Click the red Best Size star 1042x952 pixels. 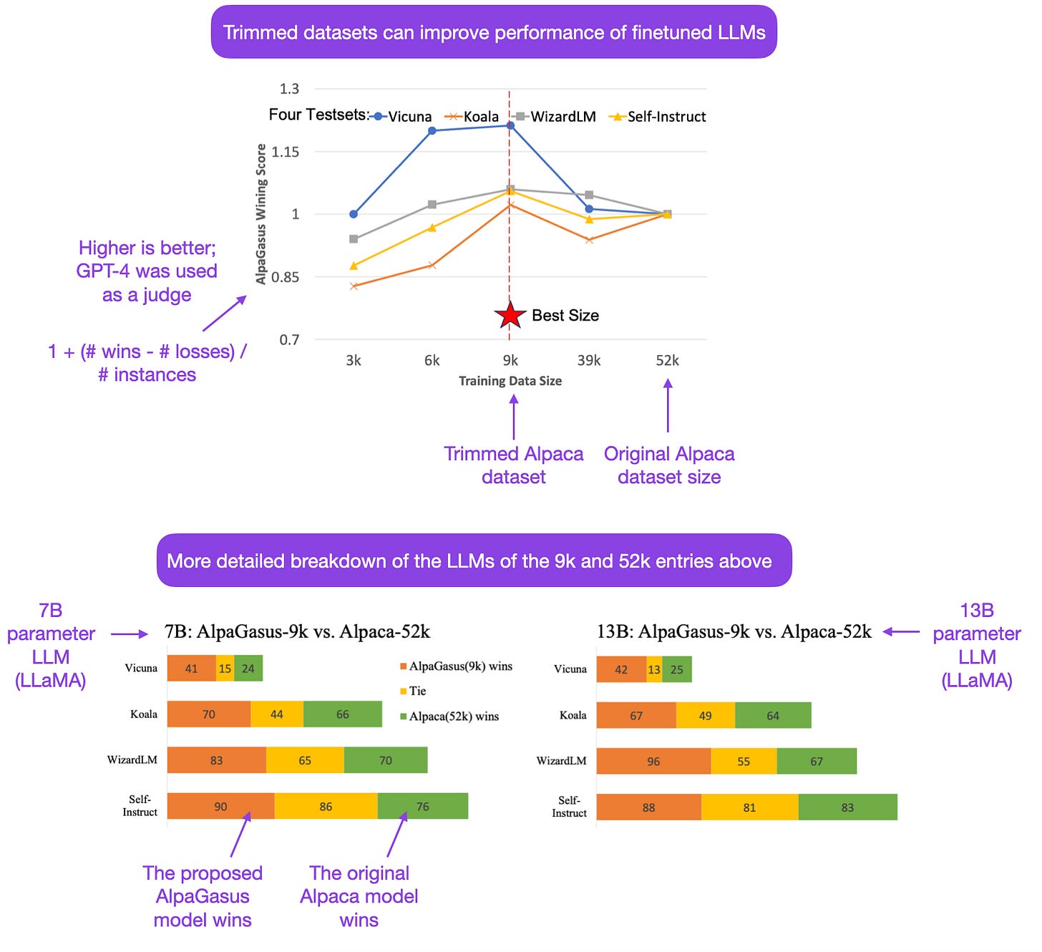pos(510,315)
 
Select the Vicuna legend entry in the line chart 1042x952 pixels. pos(402,117)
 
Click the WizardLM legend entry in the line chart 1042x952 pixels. pos(555,117)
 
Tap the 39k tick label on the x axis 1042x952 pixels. pos(589,360)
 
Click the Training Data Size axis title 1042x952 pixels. pos(510,381)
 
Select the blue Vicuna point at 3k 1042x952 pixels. pos(354,214)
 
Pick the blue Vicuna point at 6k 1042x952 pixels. pos(432,131)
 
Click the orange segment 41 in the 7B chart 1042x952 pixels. pos(191,669)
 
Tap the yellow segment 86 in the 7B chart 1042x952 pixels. pos(326,806)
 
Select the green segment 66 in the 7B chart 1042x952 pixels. pos(343,714)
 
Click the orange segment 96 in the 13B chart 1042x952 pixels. pos(653,761)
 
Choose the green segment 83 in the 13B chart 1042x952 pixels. pos(847,807)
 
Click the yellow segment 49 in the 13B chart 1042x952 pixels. pos(705,715)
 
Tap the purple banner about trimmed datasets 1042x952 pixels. pos(494,32)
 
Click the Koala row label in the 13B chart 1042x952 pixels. pos(573,715)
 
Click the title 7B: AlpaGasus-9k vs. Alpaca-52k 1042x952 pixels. pos(297,632)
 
